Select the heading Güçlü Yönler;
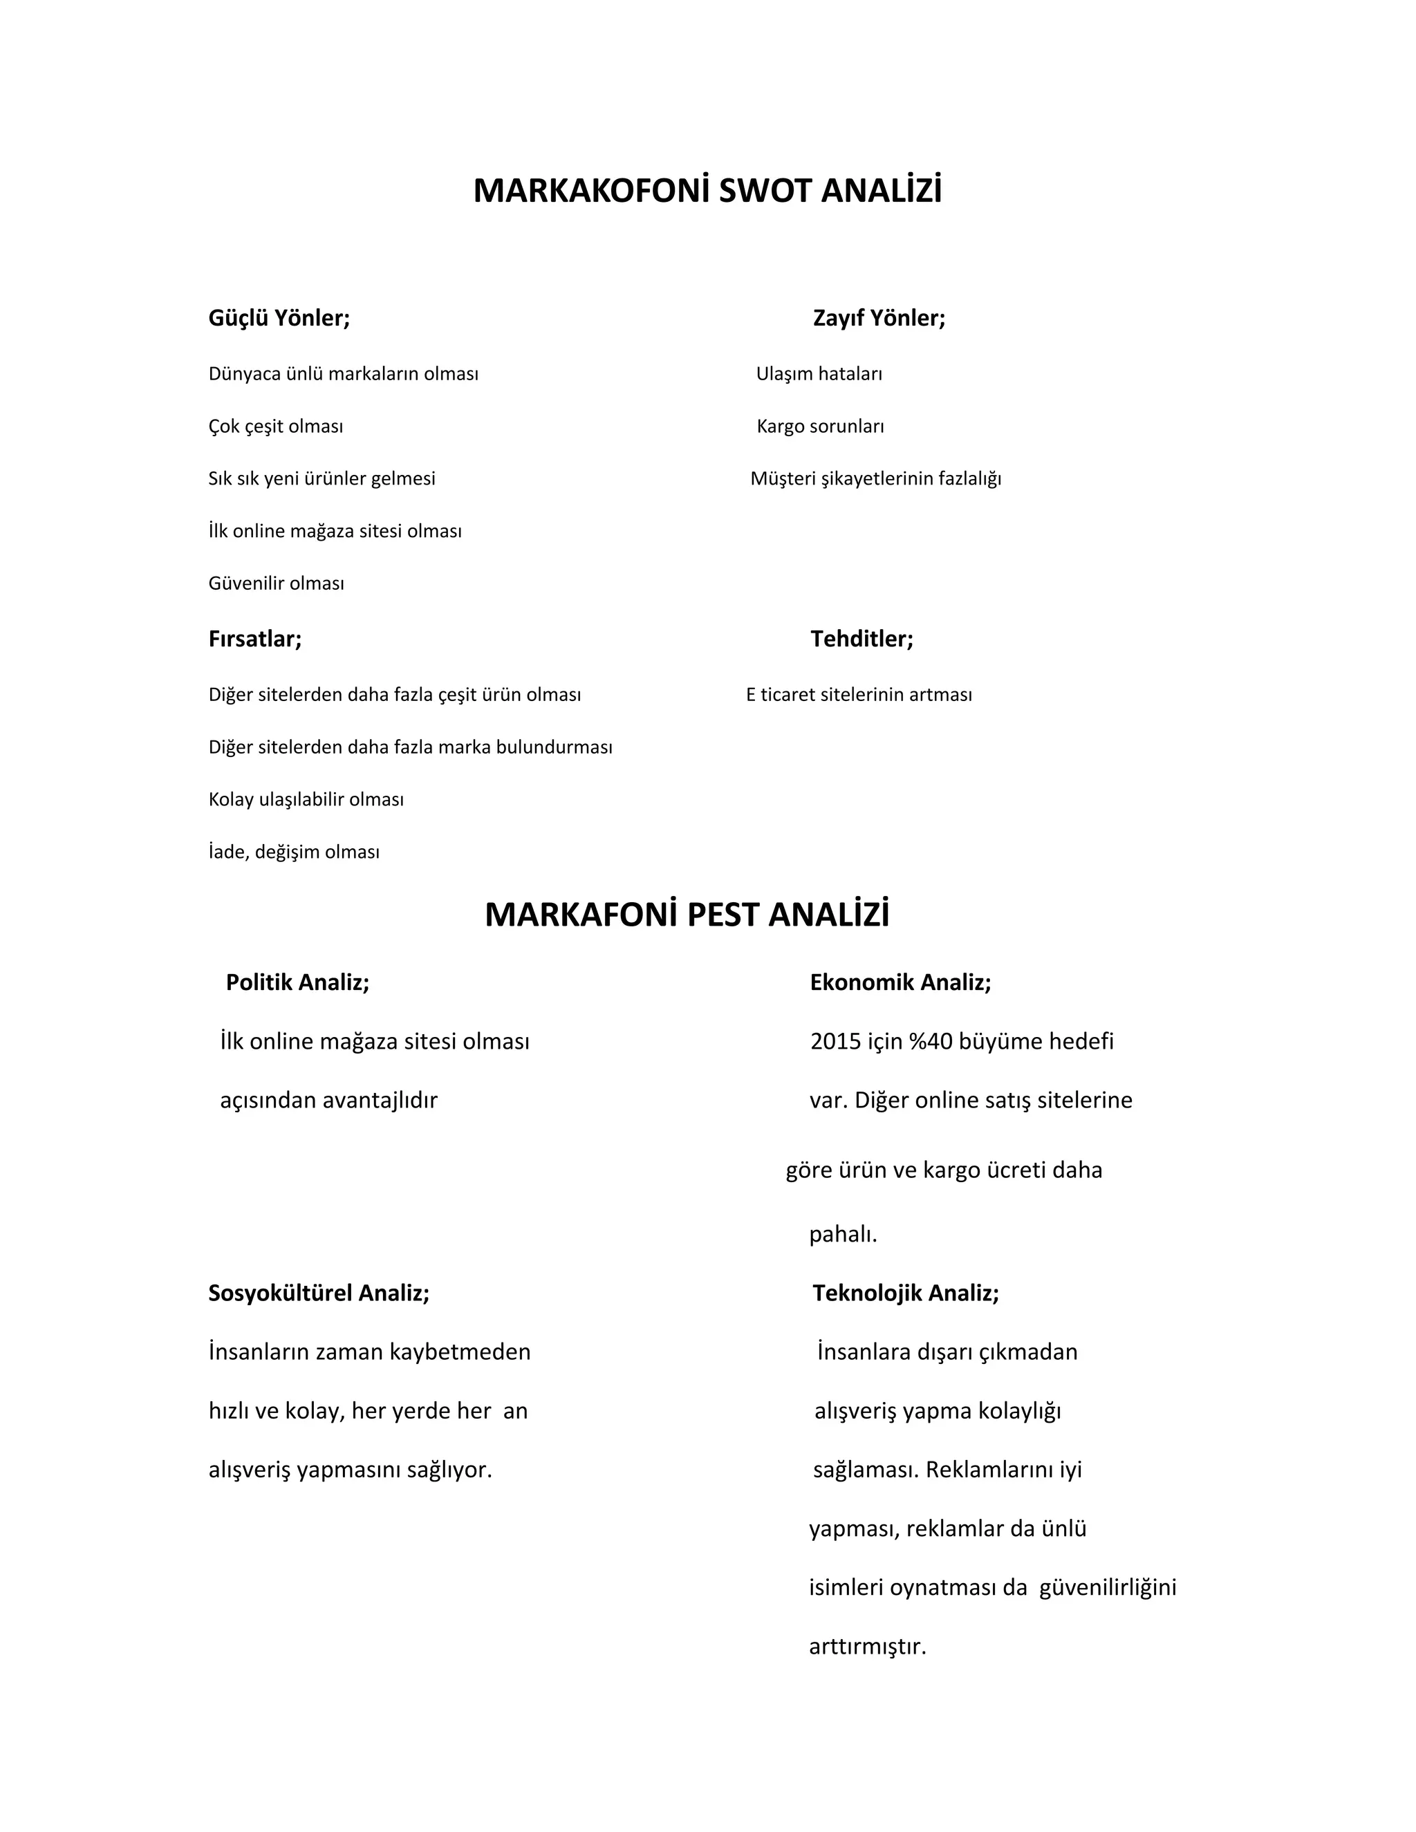[279, 318]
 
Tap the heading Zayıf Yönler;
[879, 318]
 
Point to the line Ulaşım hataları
[819, 374]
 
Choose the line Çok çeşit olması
[276, 426]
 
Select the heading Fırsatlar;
[255, 639]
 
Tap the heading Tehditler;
[861, 639]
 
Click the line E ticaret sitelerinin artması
[859, 695]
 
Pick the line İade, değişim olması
[295, 852]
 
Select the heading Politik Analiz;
[298, 982]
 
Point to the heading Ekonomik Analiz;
[900, 982]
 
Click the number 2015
[835, 1042]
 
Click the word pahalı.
[842, 1235]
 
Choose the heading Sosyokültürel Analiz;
[319, 1293]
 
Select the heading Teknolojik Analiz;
[906, 1293]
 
